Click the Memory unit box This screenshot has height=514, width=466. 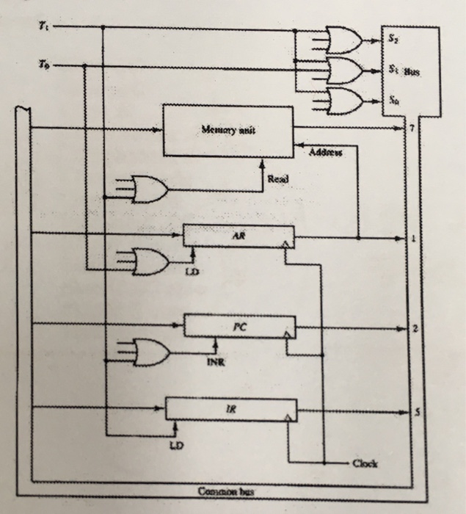click(x=227, y=131)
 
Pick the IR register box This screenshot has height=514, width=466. click(x=231, y=409)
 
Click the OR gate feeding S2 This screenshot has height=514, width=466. click(x=343, y=41)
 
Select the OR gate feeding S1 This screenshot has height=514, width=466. click(x=343, y=71)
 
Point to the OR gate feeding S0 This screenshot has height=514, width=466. click(x=343, y=101)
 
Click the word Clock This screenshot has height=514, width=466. click(x=365, y=463)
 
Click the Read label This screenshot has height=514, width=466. click(x=277, y=178)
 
